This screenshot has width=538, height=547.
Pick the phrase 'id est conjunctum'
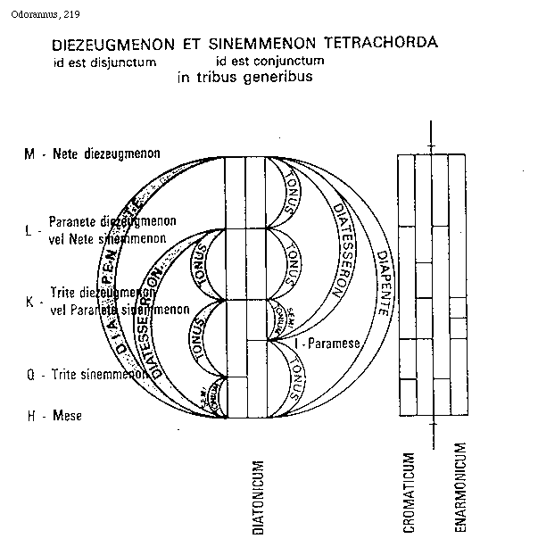coord(269,62)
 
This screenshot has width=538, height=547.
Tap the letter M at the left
coord(30,154)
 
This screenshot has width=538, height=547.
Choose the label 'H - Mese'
coord(54,416)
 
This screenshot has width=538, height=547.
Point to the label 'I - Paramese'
coord(326,341)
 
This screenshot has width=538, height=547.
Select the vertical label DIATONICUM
coord(257,496)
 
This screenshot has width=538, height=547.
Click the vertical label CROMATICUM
coord(408,493)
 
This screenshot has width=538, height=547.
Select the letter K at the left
coord(29,303)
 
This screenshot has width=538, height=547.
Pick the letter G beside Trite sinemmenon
coord(30,376)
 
